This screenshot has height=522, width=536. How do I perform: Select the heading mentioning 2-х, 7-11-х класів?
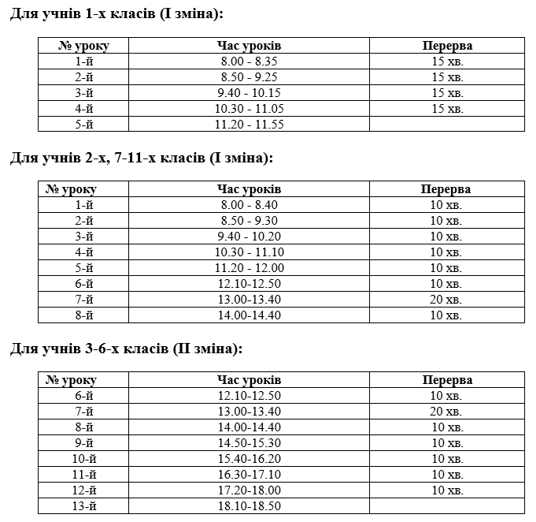141,158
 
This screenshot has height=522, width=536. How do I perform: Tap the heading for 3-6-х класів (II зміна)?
126,349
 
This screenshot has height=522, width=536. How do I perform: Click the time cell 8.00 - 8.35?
249,62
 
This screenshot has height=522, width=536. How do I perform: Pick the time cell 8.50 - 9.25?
249,77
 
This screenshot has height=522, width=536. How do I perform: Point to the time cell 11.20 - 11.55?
249,125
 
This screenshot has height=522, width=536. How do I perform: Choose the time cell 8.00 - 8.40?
249,205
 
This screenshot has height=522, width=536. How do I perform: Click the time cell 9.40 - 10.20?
249,237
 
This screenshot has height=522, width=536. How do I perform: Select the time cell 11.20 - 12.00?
249,268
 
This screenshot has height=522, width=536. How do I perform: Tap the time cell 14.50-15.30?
249,443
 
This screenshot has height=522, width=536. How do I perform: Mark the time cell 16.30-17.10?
249,475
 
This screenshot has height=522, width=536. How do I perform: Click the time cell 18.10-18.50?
249,506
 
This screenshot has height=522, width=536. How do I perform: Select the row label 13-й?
83,506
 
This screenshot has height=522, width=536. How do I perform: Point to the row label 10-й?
83,459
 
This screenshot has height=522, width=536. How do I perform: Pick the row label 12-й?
83,490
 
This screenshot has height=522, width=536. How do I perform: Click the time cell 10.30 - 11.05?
249,109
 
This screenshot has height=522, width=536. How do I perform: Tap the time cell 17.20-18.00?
249,490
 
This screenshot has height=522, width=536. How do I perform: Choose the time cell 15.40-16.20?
249,459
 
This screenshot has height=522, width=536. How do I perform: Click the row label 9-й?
83,443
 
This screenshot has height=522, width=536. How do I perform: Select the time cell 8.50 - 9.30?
249,221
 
